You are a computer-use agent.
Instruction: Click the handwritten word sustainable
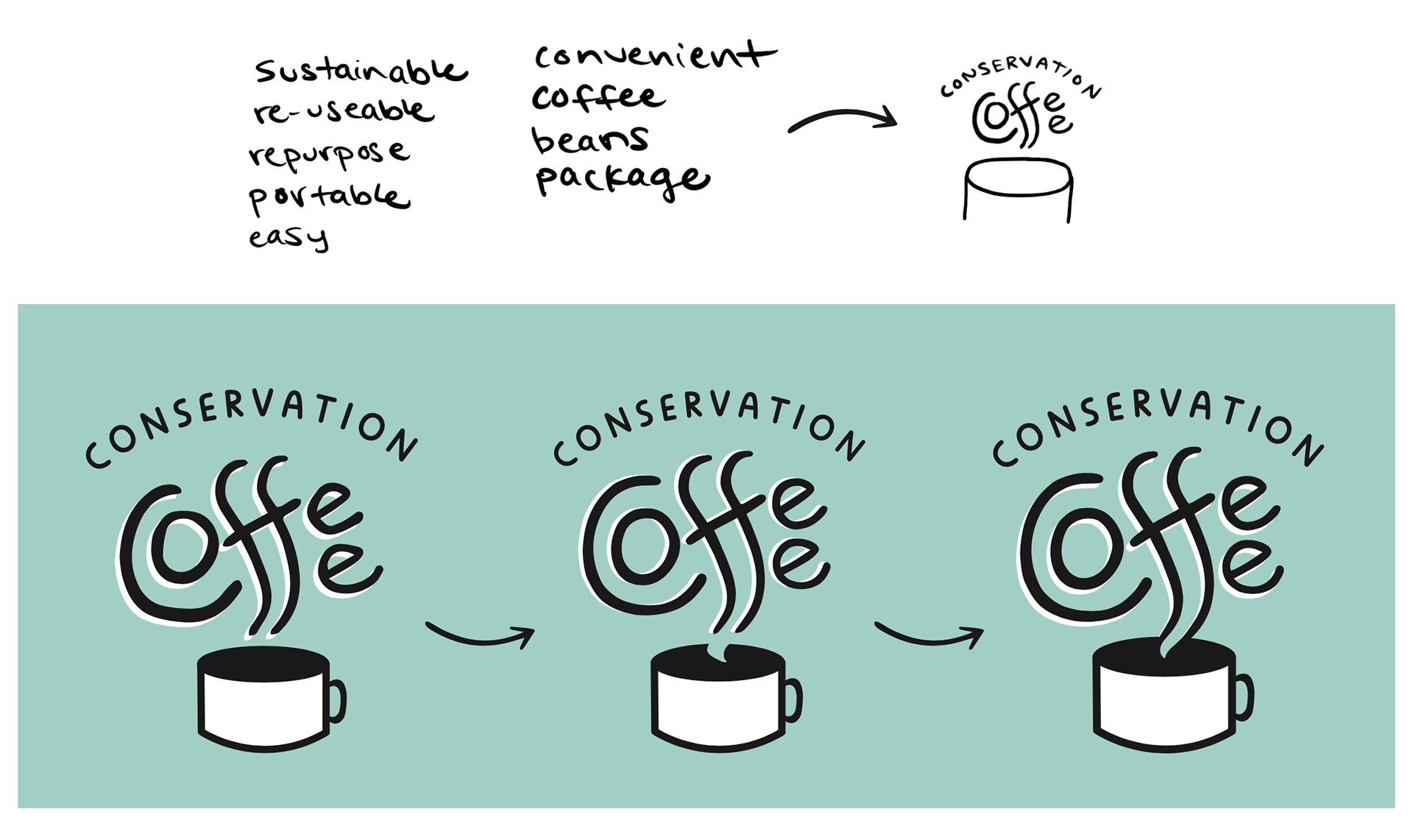coord(361,71)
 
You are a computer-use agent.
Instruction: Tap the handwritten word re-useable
coord(343,111)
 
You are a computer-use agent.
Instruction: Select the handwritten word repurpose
coord(328,154)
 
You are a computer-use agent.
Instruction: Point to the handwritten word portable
coord(328,197)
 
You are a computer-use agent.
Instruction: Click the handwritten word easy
coord(288,238)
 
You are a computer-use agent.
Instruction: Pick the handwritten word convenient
coord(655,56)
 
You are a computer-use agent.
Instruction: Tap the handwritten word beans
coord(590,140)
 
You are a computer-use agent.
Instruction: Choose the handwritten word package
coord(622,180)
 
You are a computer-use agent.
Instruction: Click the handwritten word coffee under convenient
coord(598,97)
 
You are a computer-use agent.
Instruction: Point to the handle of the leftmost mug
coord(338,700)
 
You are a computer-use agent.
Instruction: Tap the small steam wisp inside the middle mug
coord(720,654)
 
